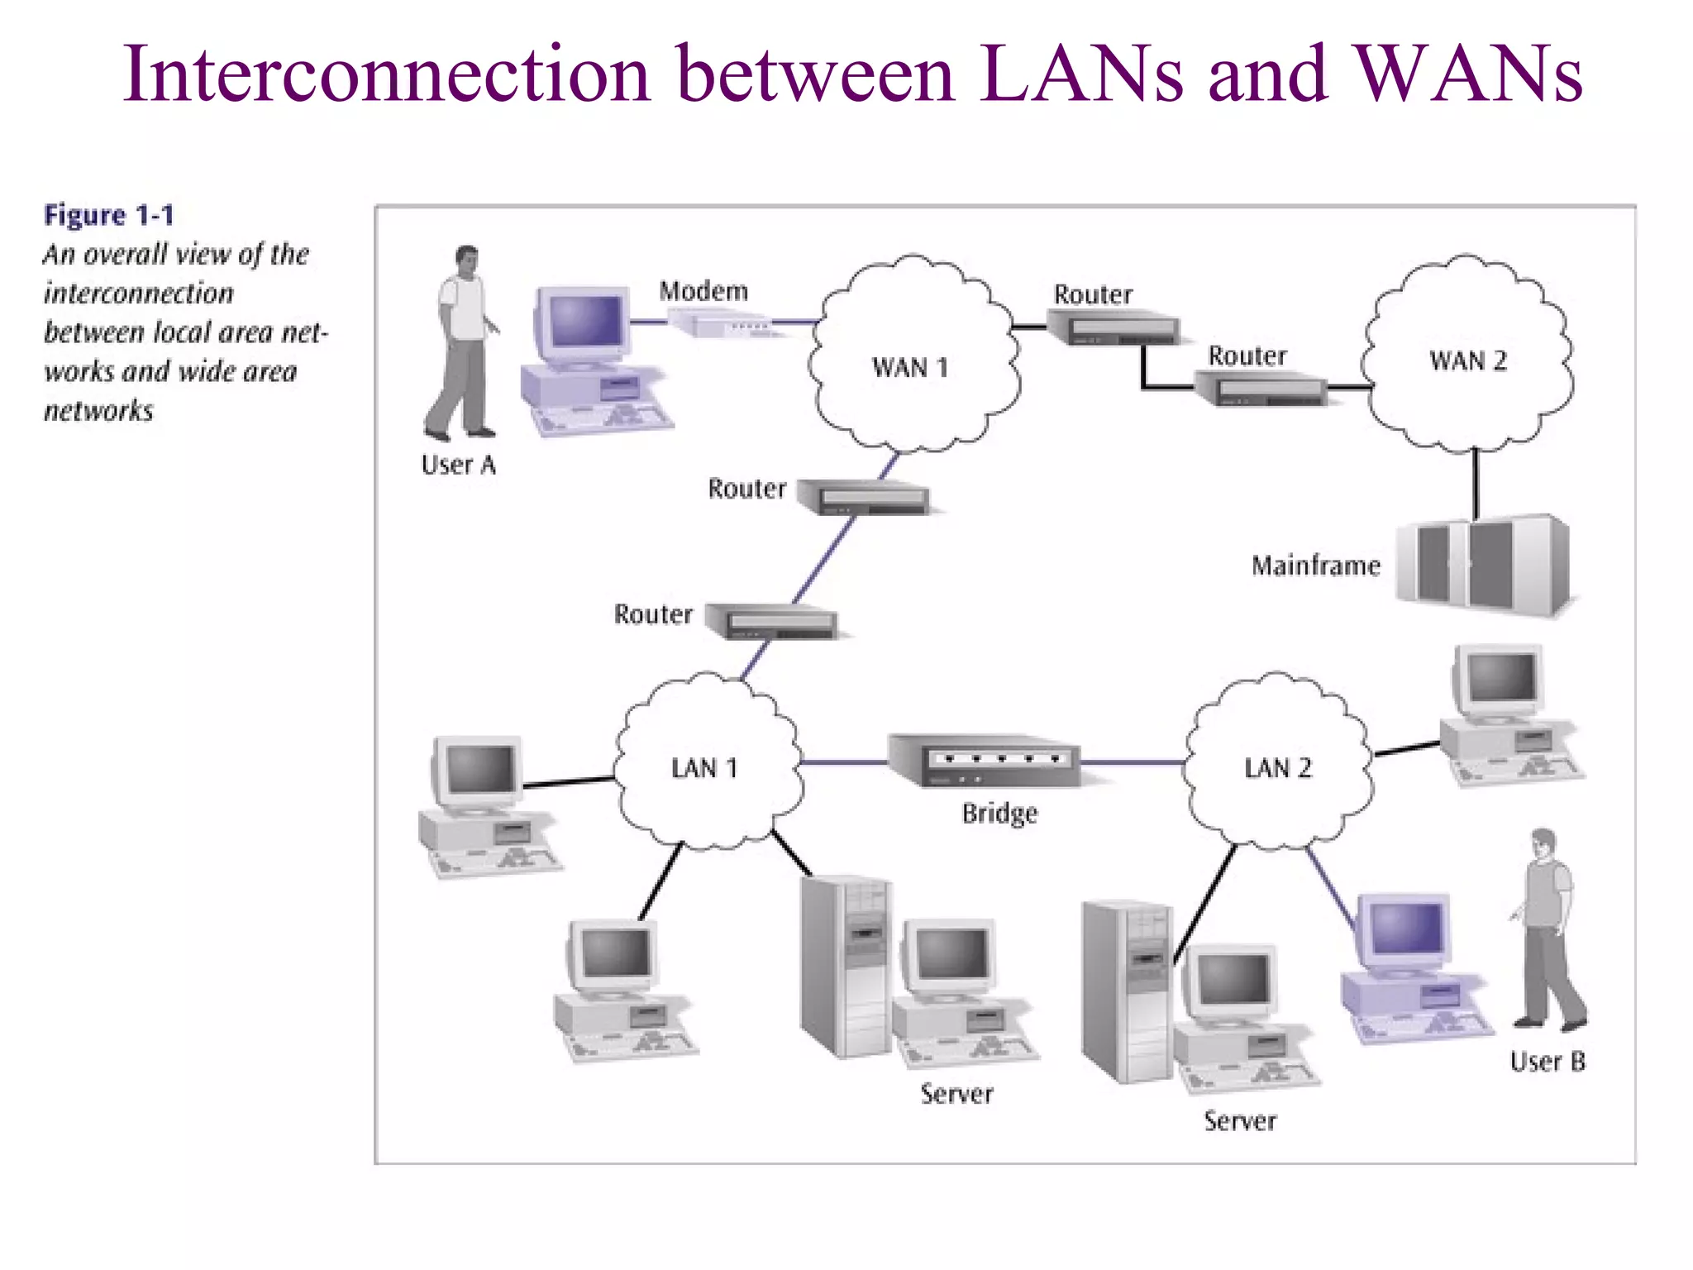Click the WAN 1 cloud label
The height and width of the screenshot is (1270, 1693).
[909, 367]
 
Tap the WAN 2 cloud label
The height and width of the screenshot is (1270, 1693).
[1468, 360]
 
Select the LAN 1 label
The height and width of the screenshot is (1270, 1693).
[703, 768]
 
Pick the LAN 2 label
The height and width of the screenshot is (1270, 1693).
[1278, 768]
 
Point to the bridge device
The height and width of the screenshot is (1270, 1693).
[984, 760]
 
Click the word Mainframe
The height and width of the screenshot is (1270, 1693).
[1316, 566]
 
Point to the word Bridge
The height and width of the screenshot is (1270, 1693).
[999, 814]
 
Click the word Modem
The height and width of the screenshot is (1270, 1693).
[703, 291]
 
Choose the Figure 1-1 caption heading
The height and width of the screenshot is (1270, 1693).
[109, 215]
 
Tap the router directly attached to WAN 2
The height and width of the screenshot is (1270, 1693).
[1261, 389]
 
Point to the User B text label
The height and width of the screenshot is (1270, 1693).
[1548, 1062]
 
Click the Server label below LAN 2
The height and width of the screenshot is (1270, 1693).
[1240, 1121]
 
